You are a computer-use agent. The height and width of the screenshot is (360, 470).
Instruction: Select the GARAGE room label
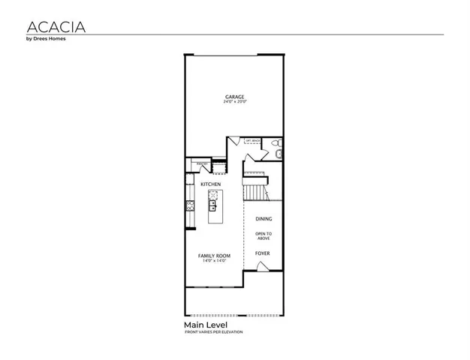(235, 96)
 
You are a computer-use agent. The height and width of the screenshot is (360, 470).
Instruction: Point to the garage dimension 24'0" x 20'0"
(235, 102)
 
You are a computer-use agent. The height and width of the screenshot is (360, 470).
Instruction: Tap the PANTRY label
(202, 163)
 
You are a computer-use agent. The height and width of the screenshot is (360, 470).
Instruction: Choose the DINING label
(263, 219)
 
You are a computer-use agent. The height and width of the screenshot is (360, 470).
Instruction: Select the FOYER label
(262, 253)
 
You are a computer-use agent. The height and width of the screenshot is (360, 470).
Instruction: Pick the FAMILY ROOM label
(214, 256)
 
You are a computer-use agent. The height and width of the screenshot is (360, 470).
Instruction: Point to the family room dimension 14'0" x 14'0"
(214, 262)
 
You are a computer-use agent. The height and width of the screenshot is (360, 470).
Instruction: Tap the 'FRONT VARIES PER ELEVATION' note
(214, 332)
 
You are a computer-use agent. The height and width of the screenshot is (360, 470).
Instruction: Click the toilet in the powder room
(276, 144)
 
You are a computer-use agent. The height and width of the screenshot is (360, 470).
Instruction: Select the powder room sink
(279, 155)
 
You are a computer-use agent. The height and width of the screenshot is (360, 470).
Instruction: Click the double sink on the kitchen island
(212, 202)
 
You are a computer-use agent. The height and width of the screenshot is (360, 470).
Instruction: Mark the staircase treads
(257, 192)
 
